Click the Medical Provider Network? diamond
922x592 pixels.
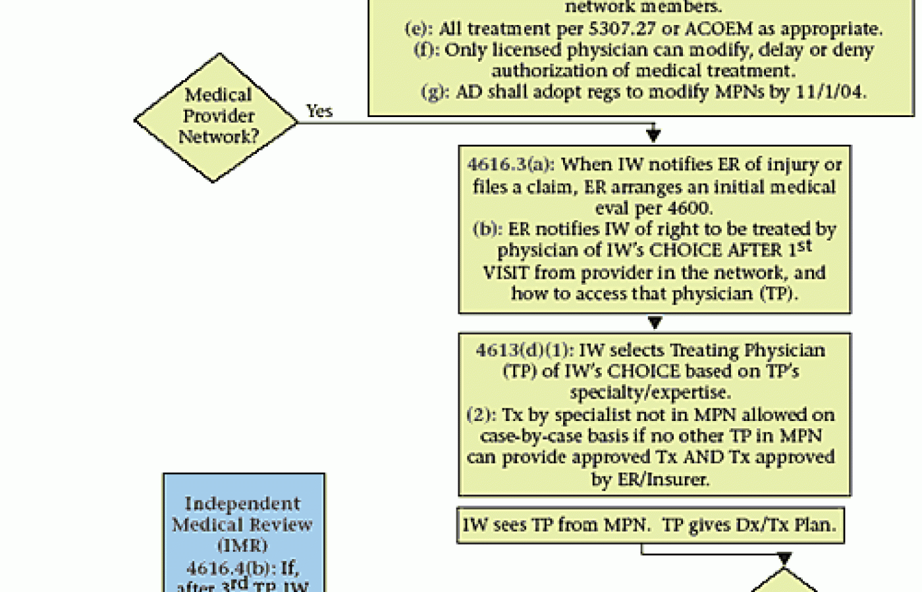click(x=217, y=118)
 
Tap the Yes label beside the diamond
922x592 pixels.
click(x=319, y=111)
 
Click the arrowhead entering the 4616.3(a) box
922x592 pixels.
click(x=653, y=135)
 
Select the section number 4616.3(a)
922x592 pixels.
click(x=510, y=164)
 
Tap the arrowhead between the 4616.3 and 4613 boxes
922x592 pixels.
click(x=655, y=322)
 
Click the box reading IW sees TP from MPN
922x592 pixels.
click(x=651, y=525)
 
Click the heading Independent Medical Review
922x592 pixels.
click(x=243, y=514)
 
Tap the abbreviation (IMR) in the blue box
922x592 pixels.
click(x=243, y=545)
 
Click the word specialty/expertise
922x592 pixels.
click(x=650, y=393)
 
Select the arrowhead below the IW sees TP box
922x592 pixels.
click(x=784, y=559)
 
